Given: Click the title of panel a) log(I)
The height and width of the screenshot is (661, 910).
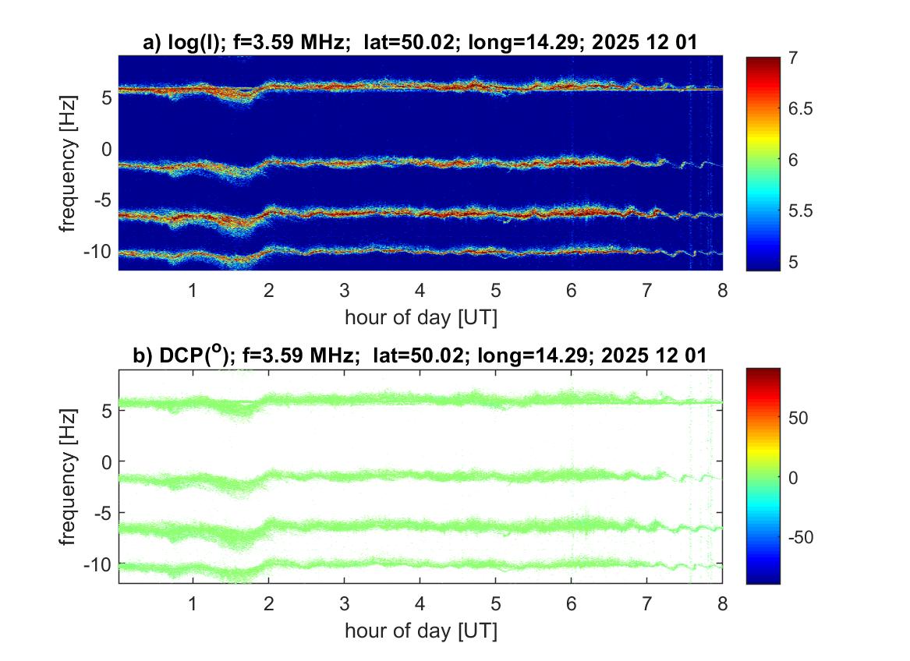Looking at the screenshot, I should tap(420, 44).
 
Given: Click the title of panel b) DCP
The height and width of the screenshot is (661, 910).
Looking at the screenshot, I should tap(420, 356).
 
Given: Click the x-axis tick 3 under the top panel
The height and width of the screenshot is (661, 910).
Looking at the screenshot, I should tap(344, 291).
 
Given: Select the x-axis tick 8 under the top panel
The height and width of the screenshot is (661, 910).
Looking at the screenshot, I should tap(722, 291).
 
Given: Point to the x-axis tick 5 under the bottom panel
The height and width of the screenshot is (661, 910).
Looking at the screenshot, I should tap(495, 604).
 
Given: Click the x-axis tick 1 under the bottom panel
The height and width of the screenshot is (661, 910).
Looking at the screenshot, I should tap(193, 604).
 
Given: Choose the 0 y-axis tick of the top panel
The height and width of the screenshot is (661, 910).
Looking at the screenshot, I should tap(108, 148).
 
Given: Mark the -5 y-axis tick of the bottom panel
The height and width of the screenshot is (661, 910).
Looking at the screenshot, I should tap(102, 513).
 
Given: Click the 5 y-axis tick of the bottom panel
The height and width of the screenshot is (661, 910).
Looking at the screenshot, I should tap(108, 410).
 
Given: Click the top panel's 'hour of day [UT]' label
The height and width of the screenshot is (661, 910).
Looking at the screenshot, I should tap(420, 317).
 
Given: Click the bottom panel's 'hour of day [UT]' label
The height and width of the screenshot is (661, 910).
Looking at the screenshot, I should tap(420, 631).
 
